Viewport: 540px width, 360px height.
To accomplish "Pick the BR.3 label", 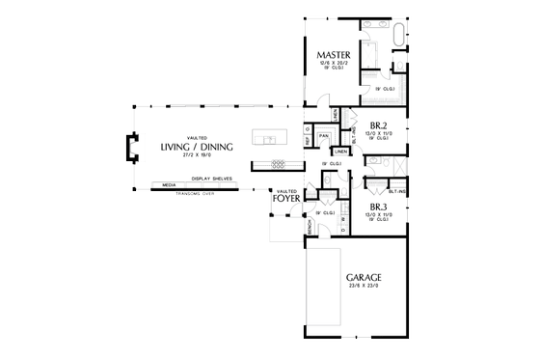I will click(378, 207).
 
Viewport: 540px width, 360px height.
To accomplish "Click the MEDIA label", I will click(169, 185).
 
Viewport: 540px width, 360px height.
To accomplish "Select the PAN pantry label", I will click(326, 135).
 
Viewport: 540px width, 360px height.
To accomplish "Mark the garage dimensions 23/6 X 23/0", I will click(363, 286).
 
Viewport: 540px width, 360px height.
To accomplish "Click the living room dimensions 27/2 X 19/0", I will click(201, 154).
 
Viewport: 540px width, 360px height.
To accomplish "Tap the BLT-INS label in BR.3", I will click(397, 191).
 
